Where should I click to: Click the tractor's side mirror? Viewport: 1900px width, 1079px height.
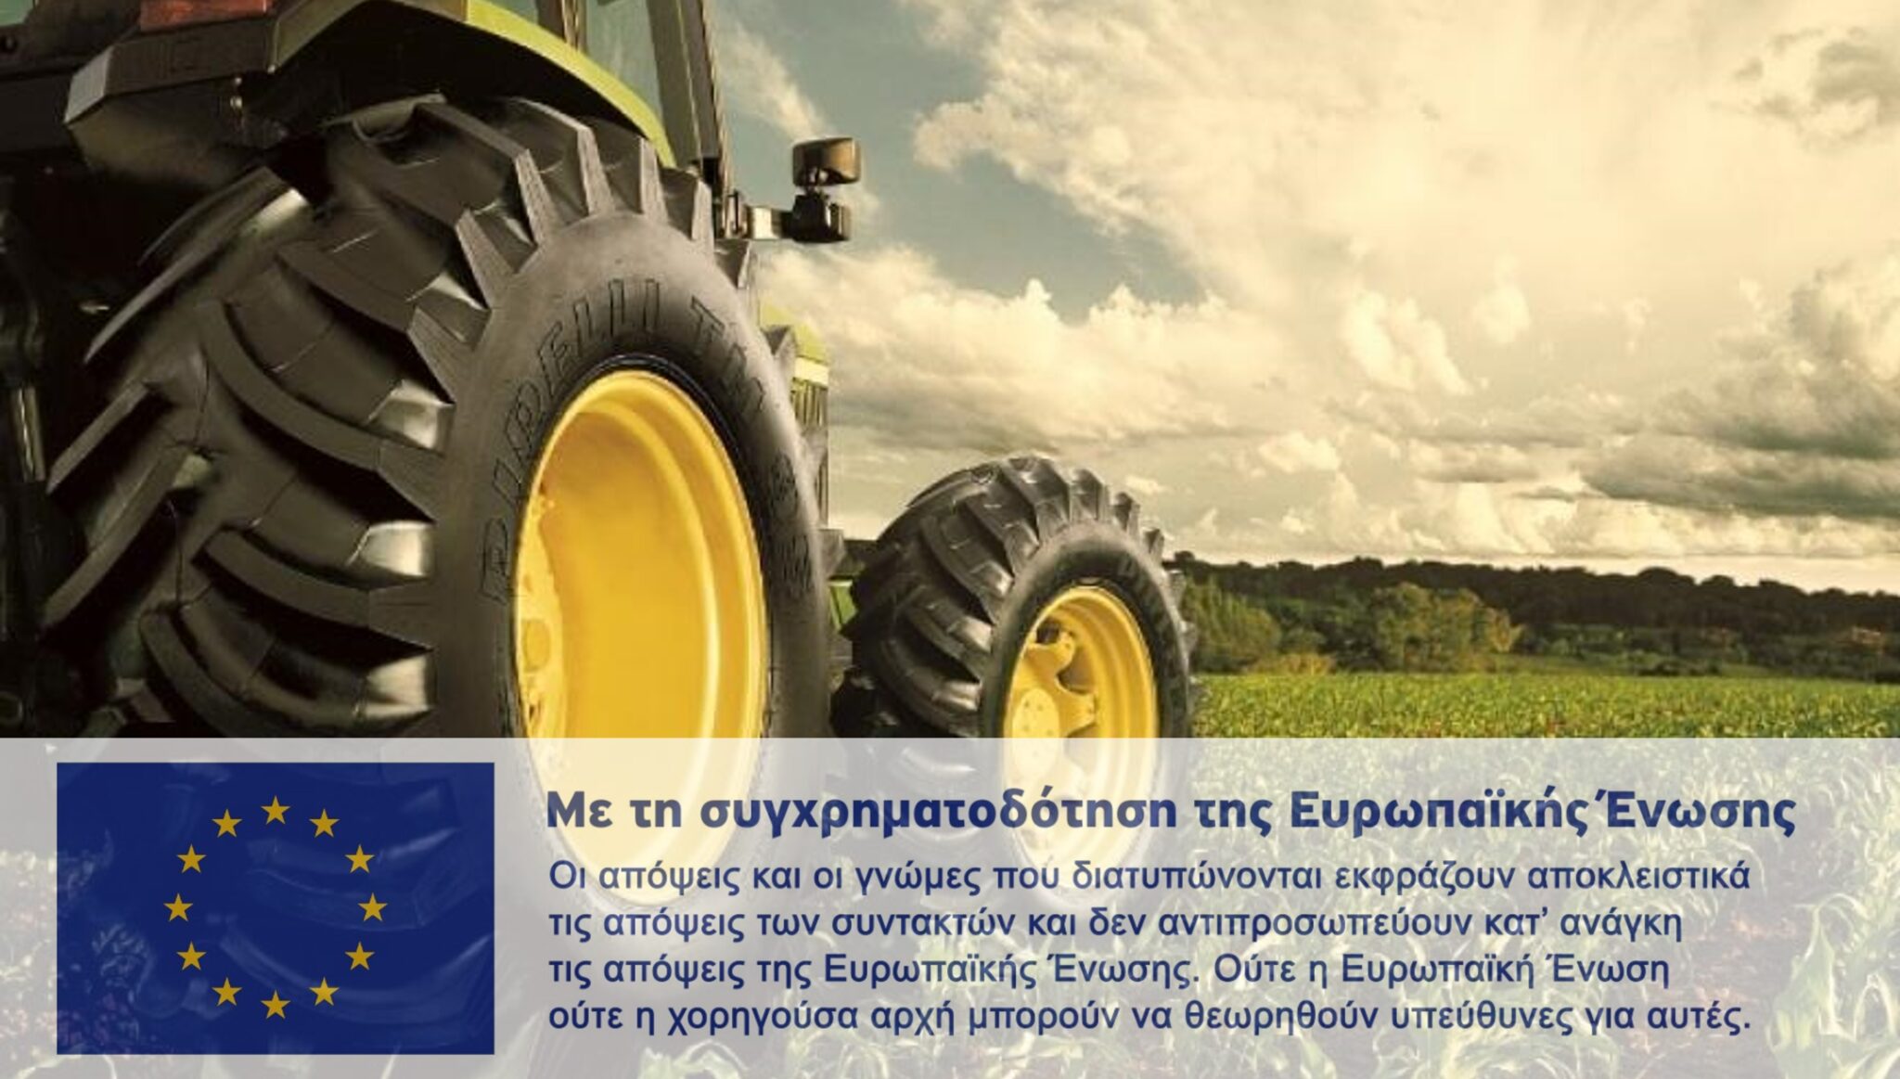pos(825,162)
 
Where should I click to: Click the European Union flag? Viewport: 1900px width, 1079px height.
pos(276,907)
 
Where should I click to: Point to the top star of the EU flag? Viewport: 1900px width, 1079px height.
pos(276,810)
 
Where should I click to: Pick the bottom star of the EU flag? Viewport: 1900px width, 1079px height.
pos(276,1004)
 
